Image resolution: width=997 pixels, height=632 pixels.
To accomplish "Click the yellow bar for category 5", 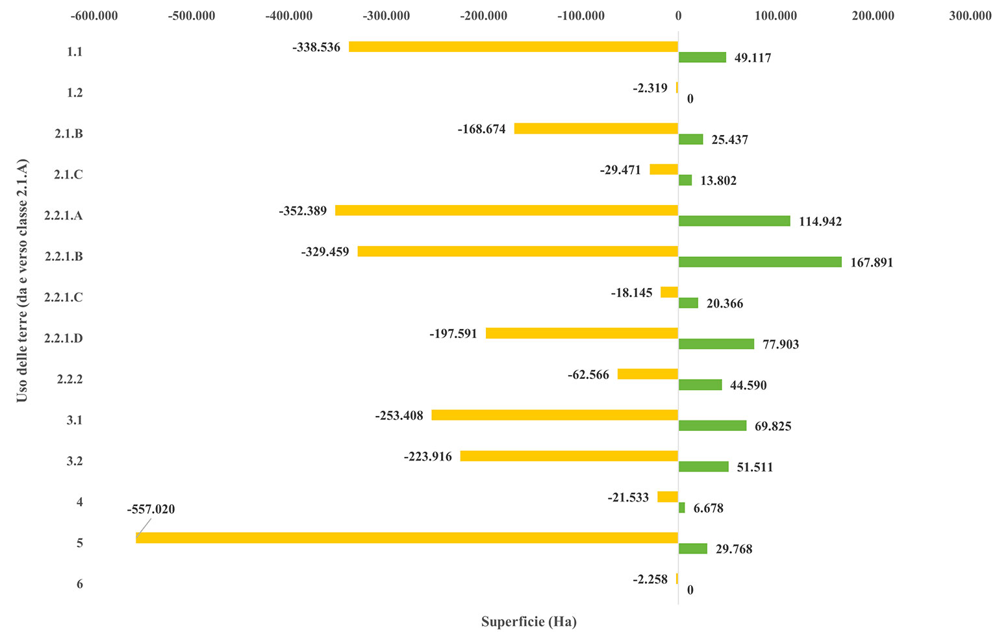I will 407,537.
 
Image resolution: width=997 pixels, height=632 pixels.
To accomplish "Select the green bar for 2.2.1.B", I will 760,262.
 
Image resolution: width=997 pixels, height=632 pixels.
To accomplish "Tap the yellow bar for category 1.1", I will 513,47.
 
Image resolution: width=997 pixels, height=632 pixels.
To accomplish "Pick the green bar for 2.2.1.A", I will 734,221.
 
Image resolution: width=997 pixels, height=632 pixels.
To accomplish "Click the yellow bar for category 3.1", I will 555,415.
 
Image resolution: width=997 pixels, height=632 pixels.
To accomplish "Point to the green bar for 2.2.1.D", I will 716,344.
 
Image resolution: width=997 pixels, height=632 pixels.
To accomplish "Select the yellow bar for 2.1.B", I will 596,128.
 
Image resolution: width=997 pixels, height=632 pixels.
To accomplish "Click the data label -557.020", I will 151,509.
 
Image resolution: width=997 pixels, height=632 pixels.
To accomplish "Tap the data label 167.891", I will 872,263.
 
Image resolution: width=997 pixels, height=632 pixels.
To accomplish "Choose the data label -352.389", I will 303,211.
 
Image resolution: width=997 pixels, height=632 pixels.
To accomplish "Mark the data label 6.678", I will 708,508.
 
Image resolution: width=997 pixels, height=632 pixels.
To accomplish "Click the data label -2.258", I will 650,579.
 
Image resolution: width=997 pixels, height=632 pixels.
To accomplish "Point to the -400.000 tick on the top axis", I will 289,16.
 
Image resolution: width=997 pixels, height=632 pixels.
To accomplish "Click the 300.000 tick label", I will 970,16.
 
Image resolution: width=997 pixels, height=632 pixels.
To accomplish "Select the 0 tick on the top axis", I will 678,16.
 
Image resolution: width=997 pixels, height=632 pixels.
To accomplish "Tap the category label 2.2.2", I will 69,379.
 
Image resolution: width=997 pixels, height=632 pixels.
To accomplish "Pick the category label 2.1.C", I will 68,175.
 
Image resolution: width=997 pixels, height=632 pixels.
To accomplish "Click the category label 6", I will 79,584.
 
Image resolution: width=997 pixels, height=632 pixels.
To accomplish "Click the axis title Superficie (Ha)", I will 529,622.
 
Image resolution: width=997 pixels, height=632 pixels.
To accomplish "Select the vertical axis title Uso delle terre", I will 22,280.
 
